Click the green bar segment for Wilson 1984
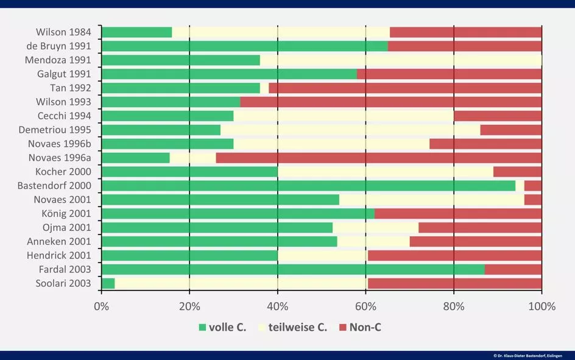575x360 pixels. pos(136,32)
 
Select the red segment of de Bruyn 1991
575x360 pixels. pos(464,46)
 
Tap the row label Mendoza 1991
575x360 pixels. pos(58,60)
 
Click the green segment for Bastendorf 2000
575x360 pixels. pos(308,186)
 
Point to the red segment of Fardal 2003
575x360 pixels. pos(513,269)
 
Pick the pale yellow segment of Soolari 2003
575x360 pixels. pos(241,283)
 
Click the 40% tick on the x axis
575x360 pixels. pos(278,306)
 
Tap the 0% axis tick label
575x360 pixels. pos(102,306)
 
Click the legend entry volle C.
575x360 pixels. pos(223,328)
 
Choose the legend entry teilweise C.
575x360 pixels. pos(297,328)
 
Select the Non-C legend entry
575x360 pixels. pos(364,328)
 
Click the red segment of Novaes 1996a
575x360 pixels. pos(378,158)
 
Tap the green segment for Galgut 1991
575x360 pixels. pos(229,74)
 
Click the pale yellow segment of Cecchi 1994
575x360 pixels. pos(343,116)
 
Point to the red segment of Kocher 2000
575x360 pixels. pos(517,172)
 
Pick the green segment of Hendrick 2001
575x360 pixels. pos(189,255)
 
